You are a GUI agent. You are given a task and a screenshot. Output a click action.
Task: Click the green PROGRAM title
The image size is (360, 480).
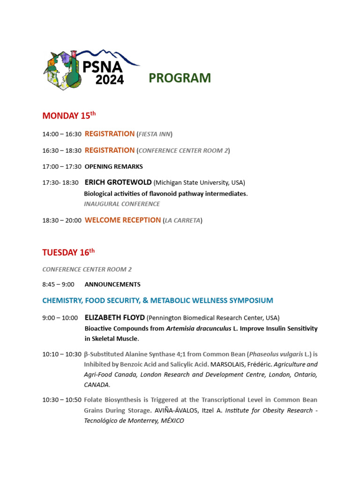tap(180, 78)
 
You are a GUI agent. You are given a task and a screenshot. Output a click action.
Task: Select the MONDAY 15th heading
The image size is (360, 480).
tap(69, 115)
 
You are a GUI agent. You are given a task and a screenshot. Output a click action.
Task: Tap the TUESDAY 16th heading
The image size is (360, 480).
tap(68, 252)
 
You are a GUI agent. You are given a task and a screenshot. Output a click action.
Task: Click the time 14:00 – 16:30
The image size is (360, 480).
tap(62, 134)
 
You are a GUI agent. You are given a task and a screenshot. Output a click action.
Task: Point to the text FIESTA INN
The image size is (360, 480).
tap(154, 134)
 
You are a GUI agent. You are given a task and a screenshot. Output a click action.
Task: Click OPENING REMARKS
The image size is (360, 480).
tap(113, 166)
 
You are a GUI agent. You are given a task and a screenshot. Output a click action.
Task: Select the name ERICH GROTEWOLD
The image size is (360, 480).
tap(118, 182)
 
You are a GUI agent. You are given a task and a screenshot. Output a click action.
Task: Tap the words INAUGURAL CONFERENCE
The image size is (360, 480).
tap(122, 204)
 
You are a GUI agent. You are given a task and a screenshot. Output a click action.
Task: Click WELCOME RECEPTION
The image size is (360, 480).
tap(122, 220)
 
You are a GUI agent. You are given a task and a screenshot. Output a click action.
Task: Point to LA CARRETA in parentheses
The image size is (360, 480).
tap(182, 220)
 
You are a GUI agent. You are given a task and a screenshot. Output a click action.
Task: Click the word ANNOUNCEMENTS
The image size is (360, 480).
tap(112, 284)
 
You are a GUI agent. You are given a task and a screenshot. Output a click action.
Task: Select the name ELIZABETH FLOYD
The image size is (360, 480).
tap(114, 318)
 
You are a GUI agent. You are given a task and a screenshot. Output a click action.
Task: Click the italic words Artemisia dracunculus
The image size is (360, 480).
tap(198, 329)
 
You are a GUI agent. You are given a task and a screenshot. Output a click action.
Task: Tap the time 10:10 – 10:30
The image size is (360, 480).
tap(62, 354)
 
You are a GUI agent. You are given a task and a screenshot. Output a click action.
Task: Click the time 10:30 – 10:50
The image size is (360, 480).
tap(62, 400)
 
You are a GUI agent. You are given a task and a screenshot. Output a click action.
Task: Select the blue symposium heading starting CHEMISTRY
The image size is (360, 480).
tap(157, 300)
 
